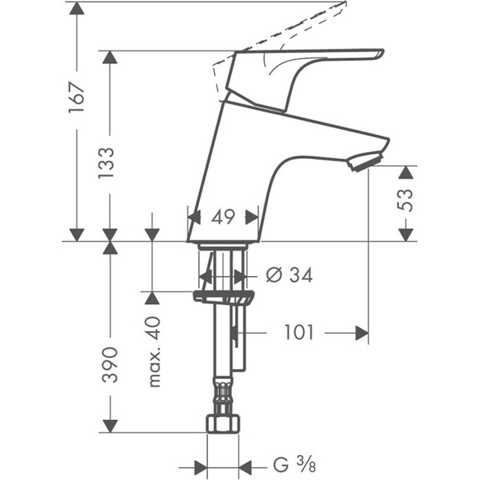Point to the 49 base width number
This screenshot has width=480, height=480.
223,217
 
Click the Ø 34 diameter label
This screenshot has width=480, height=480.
289,275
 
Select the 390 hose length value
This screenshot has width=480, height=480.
109,365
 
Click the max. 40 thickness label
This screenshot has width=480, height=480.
154,352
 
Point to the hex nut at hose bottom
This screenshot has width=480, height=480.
222,424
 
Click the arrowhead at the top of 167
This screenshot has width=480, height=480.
77,9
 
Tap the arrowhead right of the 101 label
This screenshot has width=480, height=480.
361,332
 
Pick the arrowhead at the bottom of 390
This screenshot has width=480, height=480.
109,424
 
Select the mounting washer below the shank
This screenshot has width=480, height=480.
222,294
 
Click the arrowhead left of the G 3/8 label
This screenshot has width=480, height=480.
199,467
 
